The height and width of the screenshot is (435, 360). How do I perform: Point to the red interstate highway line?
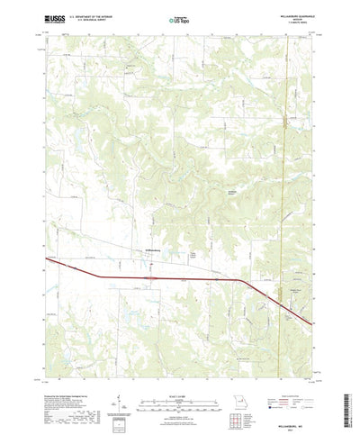coord(162,278)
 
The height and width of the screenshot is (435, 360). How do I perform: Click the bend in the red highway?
coord(241,282)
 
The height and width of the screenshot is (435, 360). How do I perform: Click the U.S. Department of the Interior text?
coord(86,14)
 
